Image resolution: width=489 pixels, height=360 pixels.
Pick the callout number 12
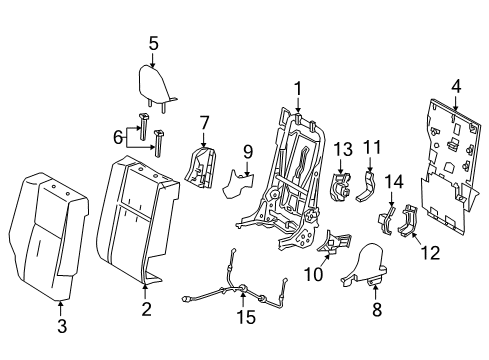[432, 254]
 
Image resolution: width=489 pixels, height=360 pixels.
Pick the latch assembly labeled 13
[340, 186]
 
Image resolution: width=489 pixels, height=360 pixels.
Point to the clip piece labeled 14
[387, 221]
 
